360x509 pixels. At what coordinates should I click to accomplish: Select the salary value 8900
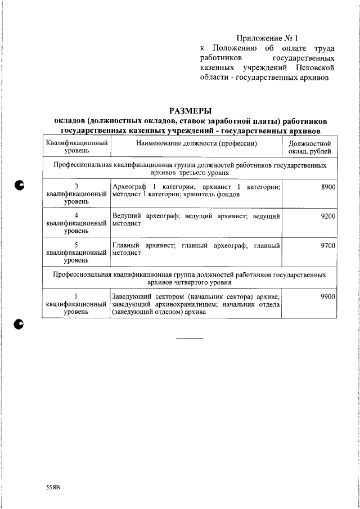328,186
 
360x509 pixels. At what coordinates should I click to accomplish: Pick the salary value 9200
328,216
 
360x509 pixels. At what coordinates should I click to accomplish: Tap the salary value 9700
328,246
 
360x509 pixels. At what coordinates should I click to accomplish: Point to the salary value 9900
328,296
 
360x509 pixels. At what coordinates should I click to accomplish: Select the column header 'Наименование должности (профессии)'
196,143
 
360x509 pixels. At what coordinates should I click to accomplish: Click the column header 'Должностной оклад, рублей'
310,148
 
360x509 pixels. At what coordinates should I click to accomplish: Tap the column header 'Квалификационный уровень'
76,148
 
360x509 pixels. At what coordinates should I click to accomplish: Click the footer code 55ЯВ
53,487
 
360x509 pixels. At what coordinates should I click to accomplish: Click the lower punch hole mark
21,323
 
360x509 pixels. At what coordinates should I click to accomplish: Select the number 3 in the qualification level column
76,186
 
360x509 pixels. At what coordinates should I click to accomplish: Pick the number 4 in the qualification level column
76,216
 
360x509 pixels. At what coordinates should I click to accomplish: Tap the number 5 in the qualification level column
76,246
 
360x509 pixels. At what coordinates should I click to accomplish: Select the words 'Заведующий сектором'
147,296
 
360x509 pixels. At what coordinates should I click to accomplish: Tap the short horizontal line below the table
190,339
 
